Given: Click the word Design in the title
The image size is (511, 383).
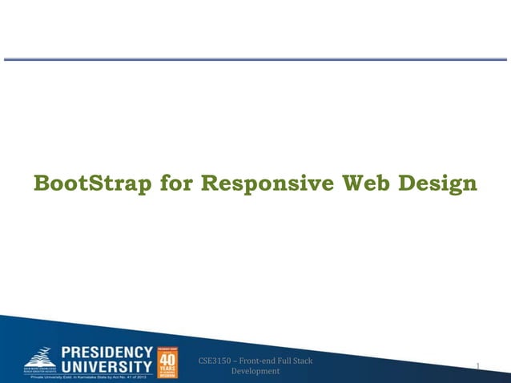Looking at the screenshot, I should [x=438, y=185].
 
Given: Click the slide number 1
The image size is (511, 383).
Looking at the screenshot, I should [x=478, y=366].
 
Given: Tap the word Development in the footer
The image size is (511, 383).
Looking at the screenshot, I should [x=255, y=372].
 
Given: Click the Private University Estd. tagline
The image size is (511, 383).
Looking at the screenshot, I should [x=88, y=377].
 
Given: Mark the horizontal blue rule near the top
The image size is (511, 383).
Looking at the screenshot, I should [x=255, y=59].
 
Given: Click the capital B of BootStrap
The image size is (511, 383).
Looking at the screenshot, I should [x=42, y=184].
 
